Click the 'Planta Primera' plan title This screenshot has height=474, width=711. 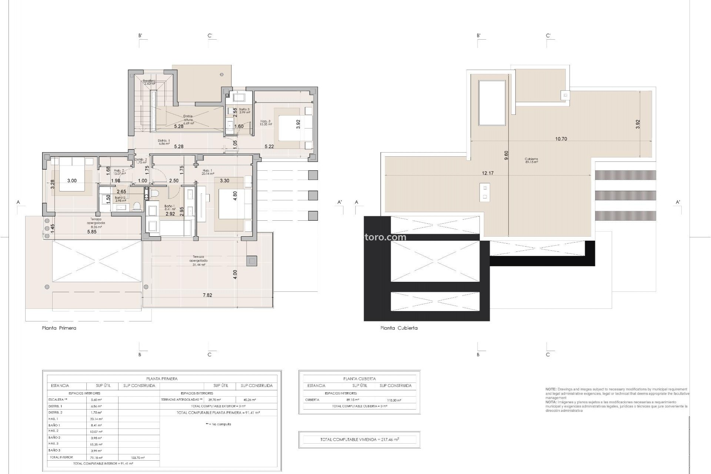[x=59, y=328]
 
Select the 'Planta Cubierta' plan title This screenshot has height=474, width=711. [x=399, y=328]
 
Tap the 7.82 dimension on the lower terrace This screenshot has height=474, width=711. [x=207, y=295]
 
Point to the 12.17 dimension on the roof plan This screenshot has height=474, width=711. [x=488, y=173]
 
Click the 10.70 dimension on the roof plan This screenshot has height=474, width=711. [x=561, y=139]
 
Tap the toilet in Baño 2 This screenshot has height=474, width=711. [x=137, y=206]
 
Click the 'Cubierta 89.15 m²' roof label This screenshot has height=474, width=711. [x=531, y=160]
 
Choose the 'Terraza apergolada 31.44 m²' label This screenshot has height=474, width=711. [x=198, y=261]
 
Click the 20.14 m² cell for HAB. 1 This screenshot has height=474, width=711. [x=96, y=419]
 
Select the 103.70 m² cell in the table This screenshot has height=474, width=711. [x=138, y=458]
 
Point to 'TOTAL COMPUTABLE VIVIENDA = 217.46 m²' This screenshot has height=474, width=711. [x=359, y=440]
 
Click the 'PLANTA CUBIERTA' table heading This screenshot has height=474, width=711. [x=359, y=379]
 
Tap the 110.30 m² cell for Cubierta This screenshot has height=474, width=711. [x=395, y=400]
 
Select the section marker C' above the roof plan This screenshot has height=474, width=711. [x=548, y=36]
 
